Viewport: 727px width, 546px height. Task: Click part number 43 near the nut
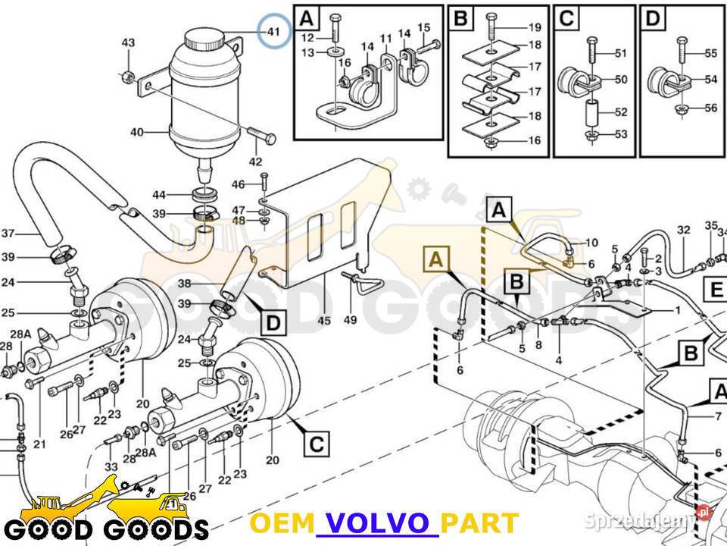[x=128, y=42]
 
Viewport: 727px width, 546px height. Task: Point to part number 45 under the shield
[x=324, y=321]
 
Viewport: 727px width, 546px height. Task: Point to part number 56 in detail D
[x=710, y=108]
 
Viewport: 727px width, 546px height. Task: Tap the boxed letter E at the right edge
[x=716, y=289]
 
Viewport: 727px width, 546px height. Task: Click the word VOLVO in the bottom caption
[x=376, y=523]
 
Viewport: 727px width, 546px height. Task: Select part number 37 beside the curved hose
[x=8, y=233]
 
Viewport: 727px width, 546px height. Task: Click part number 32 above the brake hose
[x=684, y=229]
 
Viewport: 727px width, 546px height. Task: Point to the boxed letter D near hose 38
[x=273, y=324]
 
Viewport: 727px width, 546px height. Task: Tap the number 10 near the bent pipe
[x=592, y=242]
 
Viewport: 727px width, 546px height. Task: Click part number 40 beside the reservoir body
[x=136, y=133]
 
